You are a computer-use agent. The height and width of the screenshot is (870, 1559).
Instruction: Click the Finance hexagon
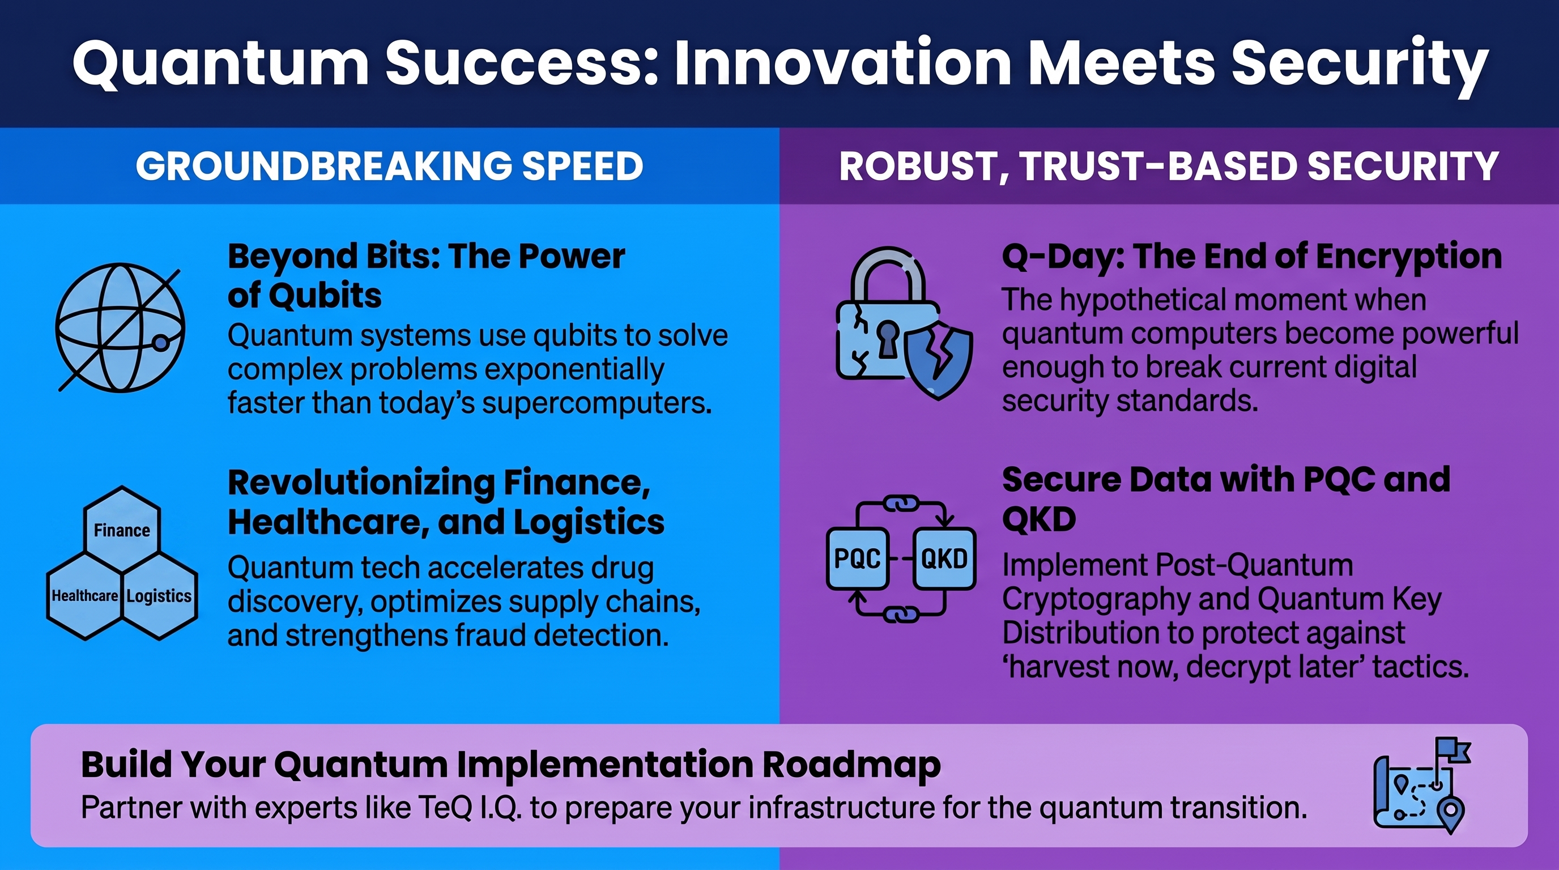point(122,530)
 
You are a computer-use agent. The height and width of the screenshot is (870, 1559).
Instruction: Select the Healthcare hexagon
point(85,596)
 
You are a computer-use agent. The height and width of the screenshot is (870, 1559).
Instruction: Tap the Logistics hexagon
point(160,596)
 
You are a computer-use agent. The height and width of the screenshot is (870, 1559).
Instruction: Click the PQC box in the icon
point(858,558)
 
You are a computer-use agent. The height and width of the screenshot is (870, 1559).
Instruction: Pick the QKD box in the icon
point(944,558)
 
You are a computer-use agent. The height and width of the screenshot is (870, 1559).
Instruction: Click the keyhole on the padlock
point(888,339)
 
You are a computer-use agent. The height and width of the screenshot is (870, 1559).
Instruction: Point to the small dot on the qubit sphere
point(160,343)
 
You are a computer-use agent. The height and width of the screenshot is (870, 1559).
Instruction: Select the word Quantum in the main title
point(220,63)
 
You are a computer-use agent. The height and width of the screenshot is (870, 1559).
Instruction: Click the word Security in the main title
point(1359,65)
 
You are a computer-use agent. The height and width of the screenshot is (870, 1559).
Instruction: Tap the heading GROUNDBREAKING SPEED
point(389,166)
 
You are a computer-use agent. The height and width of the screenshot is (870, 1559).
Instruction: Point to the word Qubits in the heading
point(325,296)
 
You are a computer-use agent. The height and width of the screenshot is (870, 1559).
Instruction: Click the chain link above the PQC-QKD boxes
point(902,504)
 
